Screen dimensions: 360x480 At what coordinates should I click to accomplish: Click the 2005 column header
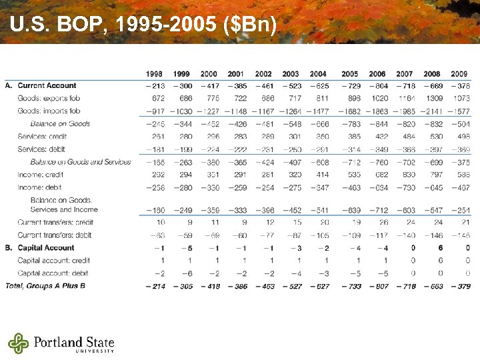[x=349, y=73]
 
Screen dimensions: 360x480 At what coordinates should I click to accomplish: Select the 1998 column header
[x=154, y=73]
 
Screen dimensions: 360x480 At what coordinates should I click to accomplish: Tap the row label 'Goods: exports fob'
[x=49, y=98]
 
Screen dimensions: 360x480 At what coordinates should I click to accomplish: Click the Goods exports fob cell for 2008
[x=431, y=98]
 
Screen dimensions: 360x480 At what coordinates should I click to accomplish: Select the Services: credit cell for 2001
[x=236, y=137]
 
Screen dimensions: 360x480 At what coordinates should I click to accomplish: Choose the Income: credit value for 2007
[x=405, y=174]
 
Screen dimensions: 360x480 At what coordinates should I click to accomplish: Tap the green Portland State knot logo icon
[x=19, y=343]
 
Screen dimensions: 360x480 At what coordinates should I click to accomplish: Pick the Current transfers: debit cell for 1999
[x=182, y=235]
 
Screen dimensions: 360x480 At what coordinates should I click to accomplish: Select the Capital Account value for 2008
[x=432, y=248]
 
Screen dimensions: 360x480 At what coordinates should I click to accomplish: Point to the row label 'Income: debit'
[x=39, y=187]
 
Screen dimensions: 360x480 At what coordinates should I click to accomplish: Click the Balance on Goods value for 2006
[x=377, y=124]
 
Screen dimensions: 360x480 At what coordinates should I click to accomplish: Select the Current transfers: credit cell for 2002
[x=264, y=222]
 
